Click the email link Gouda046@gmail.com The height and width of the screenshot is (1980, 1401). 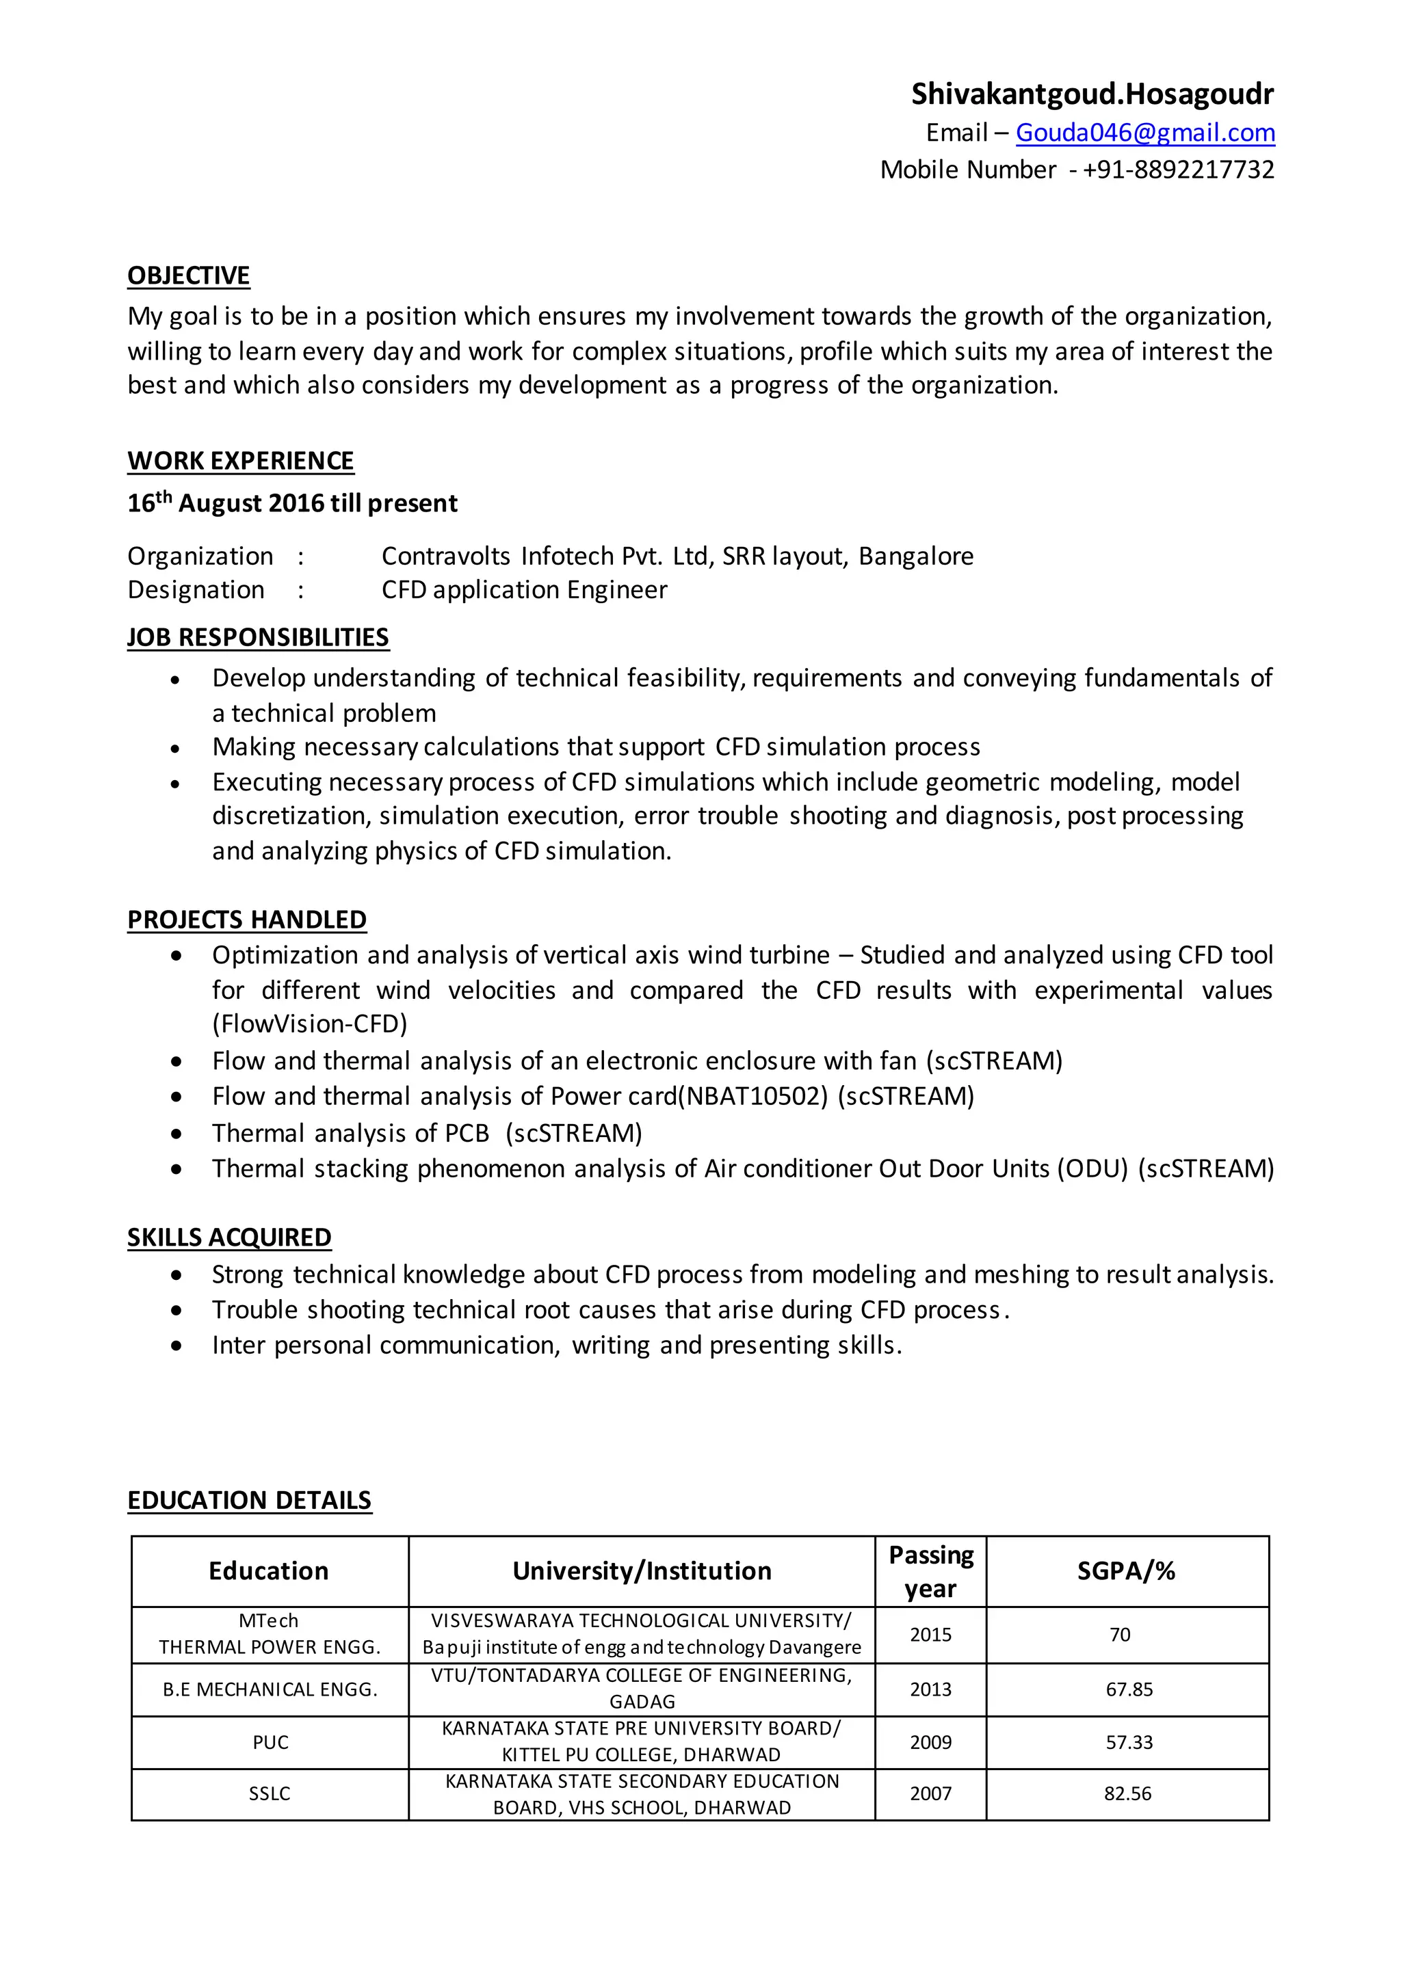point(1144,133)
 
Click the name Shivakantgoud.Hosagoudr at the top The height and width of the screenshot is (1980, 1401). point(1092,94)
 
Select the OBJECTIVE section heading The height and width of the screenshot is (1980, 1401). point(189,276)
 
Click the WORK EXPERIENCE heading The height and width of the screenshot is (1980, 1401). point(241,461)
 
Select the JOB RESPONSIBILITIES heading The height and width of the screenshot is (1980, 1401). point(258,637)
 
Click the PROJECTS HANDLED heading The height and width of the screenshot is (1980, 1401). point(247,920)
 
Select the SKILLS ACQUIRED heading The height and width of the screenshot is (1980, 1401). point(229,1238)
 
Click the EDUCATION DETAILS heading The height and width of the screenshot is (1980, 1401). point(249,1501)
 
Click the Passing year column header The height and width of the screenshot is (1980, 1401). point(931,1571)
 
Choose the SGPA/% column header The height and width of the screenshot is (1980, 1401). point(1126,1571)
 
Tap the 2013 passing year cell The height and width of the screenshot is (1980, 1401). point(931,1689)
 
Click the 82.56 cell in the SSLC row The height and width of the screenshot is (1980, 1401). point(1127,1794)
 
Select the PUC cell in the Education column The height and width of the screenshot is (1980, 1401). point(270,1742)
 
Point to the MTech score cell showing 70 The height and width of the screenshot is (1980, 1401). point(1120,1635)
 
